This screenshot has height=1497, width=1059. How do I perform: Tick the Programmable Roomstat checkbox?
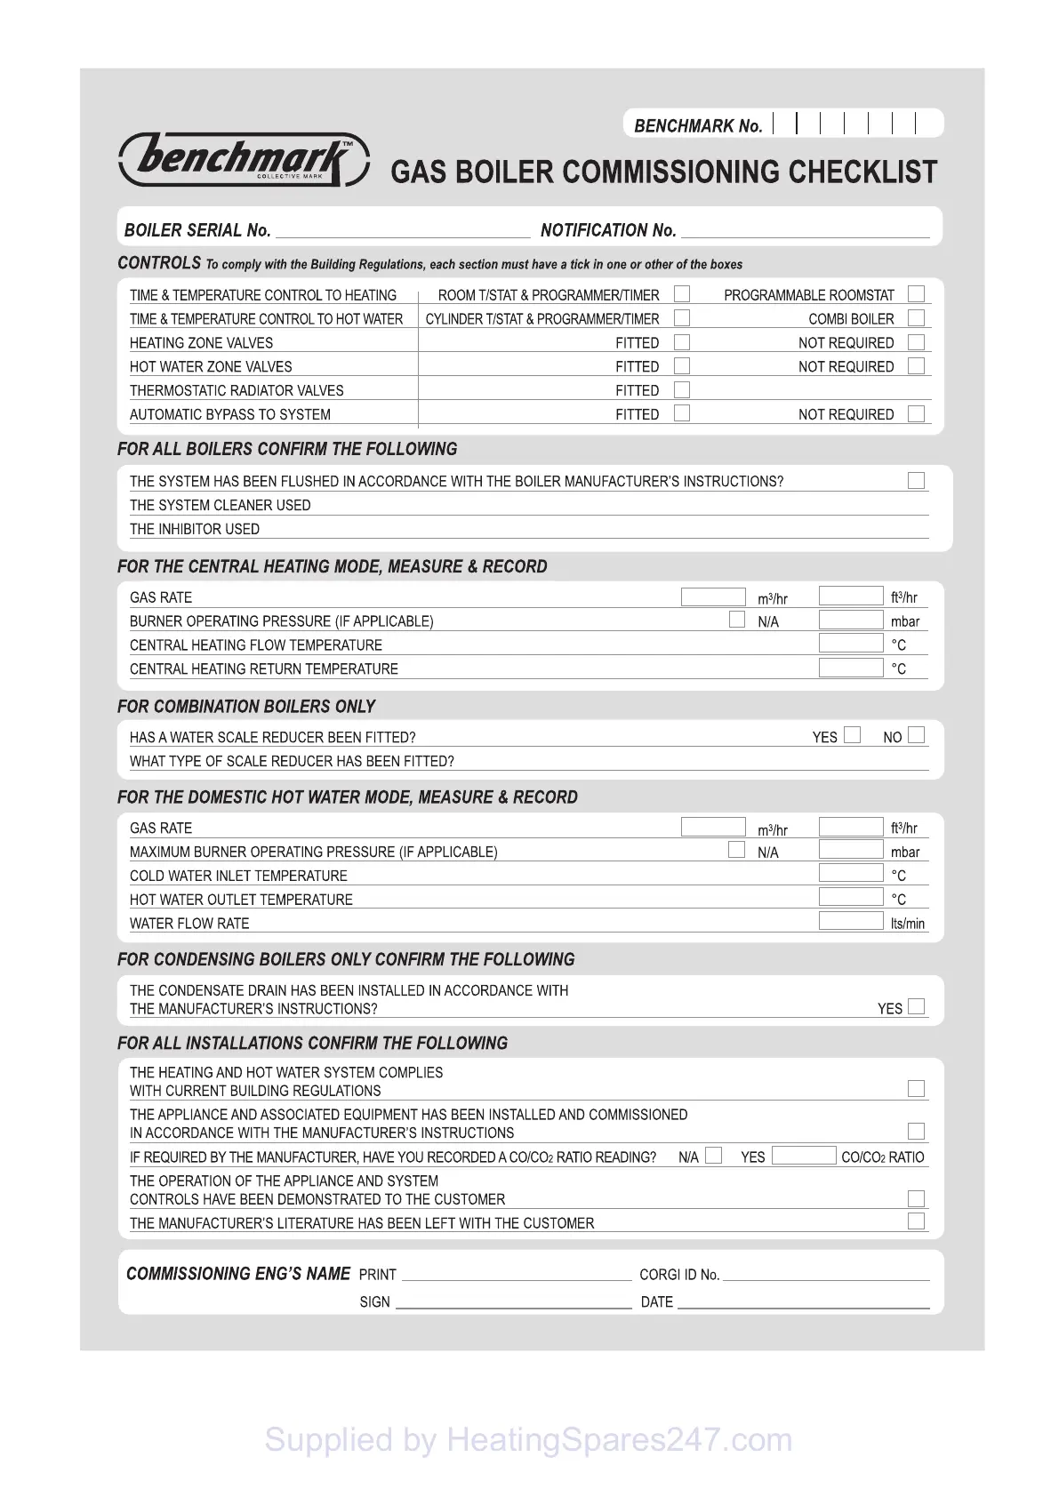pos(916,294)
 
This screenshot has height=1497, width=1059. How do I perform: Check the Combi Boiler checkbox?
pos(916,318)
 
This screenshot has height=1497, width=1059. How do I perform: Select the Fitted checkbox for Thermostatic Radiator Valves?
pos(682,389)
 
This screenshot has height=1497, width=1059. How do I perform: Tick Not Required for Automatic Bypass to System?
pos(916,413)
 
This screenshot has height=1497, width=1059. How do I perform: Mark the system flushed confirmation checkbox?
pos(916,481)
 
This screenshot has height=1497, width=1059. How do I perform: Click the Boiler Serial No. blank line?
pos(403,233)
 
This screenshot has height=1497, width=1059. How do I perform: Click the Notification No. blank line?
pos(805,233)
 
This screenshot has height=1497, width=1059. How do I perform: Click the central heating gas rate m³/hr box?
pos(712,596)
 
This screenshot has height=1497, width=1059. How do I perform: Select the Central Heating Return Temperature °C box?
pos(850,668)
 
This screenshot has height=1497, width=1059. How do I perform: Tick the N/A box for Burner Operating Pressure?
pos(736,620)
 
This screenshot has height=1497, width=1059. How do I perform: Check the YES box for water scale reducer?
pos(852,735)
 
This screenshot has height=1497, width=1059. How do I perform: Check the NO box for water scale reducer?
pos(917,735)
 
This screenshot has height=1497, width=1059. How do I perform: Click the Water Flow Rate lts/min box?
pos(850,921)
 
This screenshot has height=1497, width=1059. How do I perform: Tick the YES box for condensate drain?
pos(917,1006)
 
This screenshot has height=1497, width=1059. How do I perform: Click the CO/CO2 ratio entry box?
pos(803,1156)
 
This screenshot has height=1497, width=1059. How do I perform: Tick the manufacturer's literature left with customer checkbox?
pos(916,1221)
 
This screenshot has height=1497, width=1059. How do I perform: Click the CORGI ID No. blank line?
pos(826,1277)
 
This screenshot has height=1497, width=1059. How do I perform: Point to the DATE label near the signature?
pos(657,1302)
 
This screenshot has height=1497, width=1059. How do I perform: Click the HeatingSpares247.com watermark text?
pos(528,1439)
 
